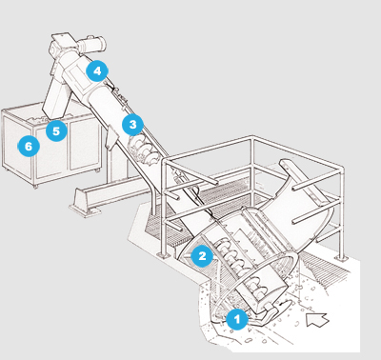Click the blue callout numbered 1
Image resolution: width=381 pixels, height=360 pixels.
click(237, 319)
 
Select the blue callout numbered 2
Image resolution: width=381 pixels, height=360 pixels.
click(202, 255)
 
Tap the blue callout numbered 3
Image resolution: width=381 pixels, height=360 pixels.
click(132, 125)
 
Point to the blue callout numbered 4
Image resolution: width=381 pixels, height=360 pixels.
click(97, 70)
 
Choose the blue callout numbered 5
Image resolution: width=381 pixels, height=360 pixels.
click(56, 130)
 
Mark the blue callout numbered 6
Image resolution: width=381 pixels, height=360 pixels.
click(29, 147)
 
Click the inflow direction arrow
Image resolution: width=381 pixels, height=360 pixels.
click(316, 319)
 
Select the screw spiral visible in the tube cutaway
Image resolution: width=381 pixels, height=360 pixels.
click(143, 150)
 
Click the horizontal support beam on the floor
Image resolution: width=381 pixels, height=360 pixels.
click(121, 190)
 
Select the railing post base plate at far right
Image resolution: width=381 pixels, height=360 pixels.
click(341, 258)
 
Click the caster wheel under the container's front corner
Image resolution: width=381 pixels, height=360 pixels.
click(35, 187)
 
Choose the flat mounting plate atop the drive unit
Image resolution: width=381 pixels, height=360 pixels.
click(65, 37)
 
